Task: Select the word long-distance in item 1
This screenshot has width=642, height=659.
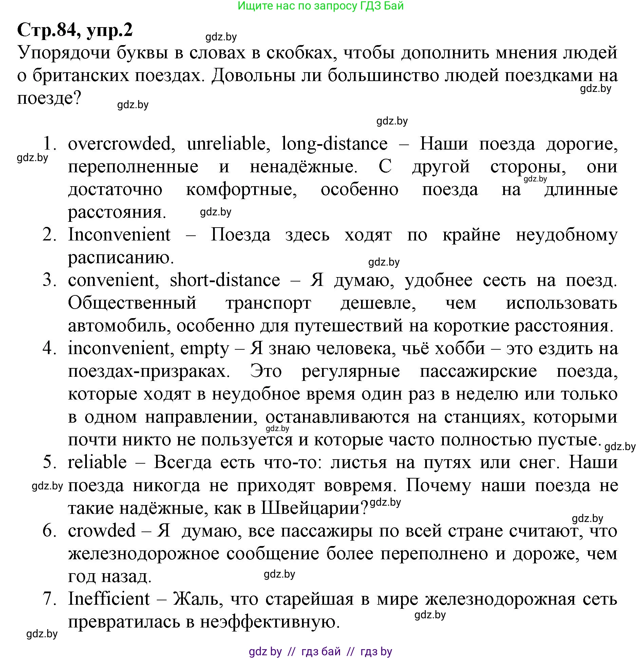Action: click(x=335, y=144)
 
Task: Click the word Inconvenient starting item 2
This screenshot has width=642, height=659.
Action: click(x=119, y=235)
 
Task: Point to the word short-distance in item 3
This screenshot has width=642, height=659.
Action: click(x=225, y=280)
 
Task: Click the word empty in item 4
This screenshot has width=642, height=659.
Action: click(x=205, y=349)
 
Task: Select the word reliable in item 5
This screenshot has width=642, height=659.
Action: click(x=97, y=463)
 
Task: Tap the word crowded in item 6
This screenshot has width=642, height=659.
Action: click(x=102, y=531)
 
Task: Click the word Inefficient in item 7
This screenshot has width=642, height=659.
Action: click(x=109, y=599)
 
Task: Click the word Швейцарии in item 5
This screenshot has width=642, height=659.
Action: click(x=314, y=508)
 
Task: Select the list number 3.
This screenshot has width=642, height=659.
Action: click(x=50, y=280)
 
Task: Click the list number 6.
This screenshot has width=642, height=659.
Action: click(x=50, y=531)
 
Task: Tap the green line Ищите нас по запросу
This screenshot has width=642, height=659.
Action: click(x=320, y=6)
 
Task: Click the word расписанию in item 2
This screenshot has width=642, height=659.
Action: click(x=121, y=258)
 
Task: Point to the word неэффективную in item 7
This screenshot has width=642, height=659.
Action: click(x=270, y=622)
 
